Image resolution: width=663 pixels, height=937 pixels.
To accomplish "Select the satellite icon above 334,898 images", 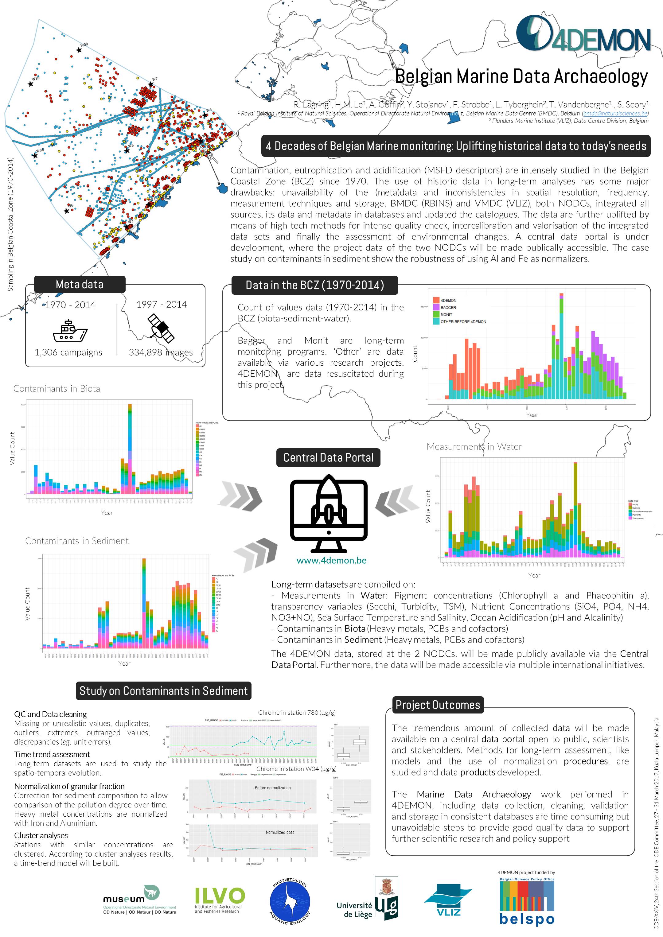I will point(161,328).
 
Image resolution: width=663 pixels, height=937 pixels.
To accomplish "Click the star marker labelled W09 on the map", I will point(79,50).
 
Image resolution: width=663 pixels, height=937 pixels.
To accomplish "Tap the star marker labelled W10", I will point(31,84).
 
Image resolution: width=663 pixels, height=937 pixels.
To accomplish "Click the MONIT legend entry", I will point(446,315).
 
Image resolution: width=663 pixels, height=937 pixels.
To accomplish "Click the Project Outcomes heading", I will point(438,705).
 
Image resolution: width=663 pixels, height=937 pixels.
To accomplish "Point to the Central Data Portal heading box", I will point(328,457).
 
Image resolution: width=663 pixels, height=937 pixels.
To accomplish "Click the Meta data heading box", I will point(80,284).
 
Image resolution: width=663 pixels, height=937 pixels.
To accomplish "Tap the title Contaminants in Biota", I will point(57,388).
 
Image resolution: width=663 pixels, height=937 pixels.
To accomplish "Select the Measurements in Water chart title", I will point(474,446).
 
